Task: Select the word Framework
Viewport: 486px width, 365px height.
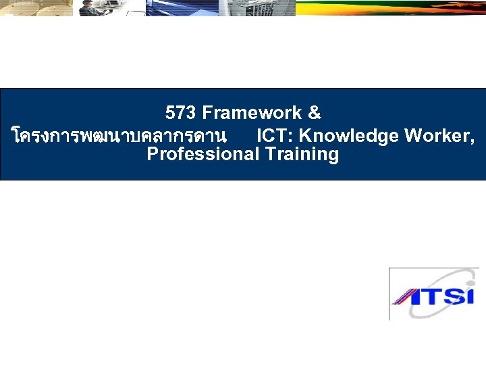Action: click(x=250, y=112)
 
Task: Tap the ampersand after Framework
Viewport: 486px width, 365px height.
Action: click(x=313, y=112)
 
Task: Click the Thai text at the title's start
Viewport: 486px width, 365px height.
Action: click(x=118, y=136)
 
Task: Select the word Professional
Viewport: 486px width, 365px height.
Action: click(x=202, y=154)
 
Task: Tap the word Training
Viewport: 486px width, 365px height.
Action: click(x=302, y=154)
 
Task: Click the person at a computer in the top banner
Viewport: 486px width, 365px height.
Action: click(x=94, y=7)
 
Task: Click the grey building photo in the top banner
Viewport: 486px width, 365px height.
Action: click(x=259, y=7)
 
